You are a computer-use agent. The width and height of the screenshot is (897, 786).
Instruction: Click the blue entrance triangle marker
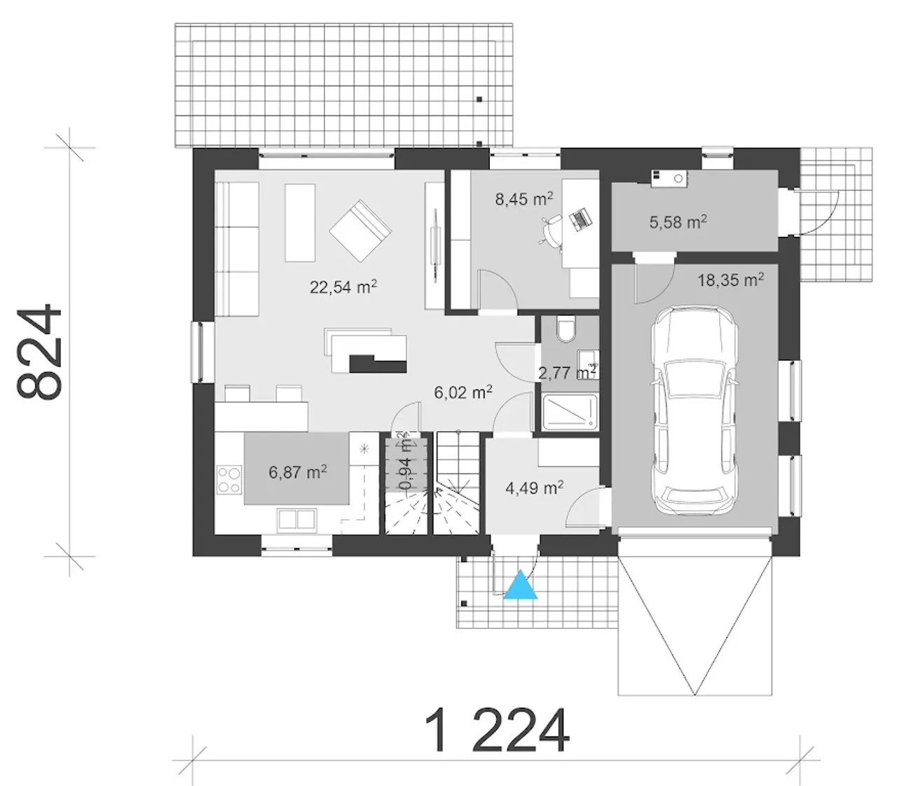[521, 585]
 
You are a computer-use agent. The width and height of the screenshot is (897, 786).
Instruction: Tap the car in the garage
[694, 410]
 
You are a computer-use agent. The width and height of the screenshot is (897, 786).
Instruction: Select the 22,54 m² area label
[343, 287]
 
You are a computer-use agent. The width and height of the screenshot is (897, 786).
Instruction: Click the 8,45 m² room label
[523, 199]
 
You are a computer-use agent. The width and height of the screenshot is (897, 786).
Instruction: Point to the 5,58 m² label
[678, 222]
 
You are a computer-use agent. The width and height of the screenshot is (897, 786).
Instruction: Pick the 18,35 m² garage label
[730, 280]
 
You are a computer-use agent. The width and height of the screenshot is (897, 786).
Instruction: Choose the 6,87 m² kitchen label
[298, 472]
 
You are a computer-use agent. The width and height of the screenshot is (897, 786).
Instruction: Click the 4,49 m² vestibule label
[535, 488]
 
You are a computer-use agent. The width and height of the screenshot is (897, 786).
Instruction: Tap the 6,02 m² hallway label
[463, 392]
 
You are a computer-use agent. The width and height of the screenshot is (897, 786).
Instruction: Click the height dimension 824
[39, 352]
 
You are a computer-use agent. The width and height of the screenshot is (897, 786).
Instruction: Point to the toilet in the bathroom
[566, 329]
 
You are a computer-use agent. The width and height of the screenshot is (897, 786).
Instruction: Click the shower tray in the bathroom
[569, 413]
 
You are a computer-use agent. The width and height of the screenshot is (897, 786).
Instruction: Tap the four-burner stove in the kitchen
[229, 480]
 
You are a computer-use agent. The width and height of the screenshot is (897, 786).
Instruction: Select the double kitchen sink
[296, 520]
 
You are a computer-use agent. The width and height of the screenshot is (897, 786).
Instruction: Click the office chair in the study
[552, 230]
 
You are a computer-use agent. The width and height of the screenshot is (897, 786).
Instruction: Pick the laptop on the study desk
[580, 218]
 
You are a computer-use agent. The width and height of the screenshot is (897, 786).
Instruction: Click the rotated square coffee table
[360, 230]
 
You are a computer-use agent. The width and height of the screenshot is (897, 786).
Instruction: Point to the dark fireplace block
[378, 364]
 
